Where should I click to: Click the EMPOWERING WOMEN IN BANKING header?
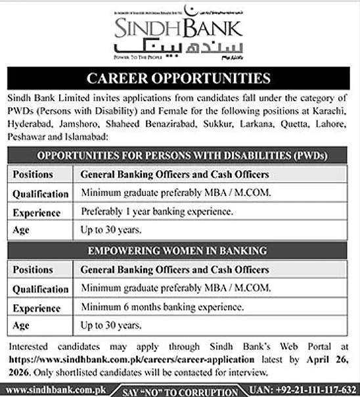(x=179, y=250)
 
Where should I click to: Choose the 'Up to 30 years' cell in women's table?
(x=111, y=325)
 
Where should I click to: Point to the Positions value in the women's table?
(x=174, y=270)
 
